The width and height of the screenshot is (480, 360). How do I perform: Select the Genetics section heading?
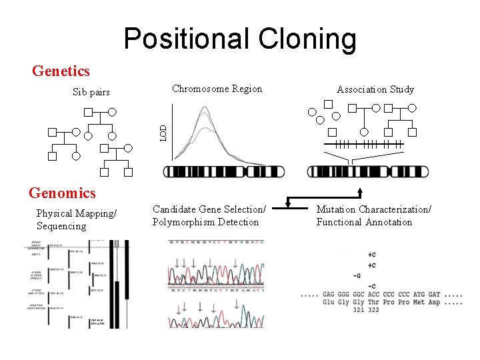(61, 71)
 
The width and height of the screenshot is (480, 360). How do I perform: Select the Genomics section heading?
(62, 193)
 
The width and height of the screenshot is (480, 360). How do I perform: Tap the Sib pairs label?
(91, 92)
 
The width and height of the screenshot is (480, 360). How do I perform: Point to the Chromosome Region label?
(217, 89)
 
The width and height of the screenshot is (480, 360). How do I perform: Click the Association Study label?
(375, 89)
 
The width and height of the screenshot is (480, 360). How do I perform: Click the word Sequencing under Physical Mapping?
(61, 226)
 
